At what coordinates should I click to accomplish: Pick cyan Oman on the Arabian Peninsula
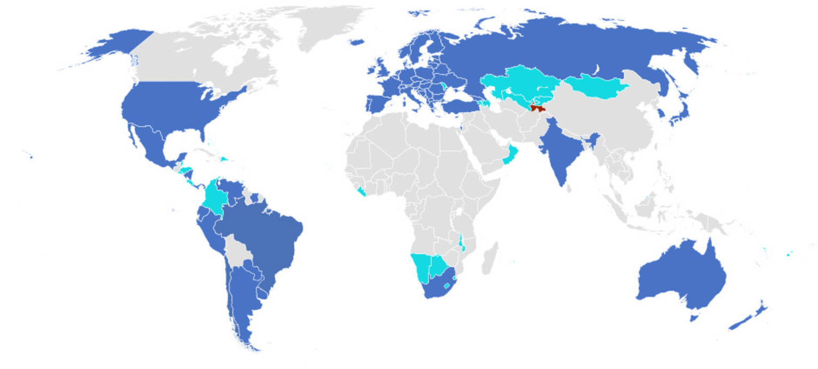510,154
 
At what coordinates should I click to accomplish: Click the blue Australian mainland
682,277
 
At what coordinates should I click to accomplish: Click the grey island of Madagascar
489,259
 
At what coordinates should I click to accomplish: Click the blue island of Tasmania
693,318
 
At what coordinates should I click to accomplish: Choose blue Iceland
358,42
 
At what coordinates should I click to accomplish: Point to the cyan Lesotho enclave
447,278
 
